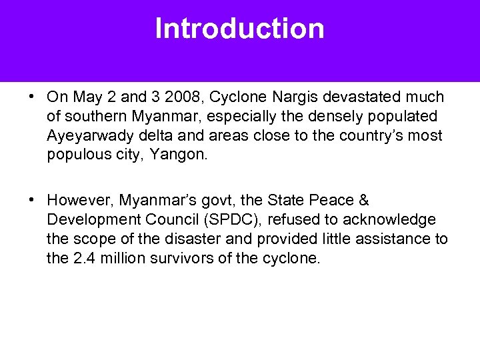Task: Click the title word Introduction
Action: [240, 29]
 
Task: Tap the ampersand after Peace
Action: [363, 200]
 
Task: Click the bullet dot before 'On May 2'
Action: [32, 97]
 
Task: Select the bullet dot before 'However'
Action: [32, 200]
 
